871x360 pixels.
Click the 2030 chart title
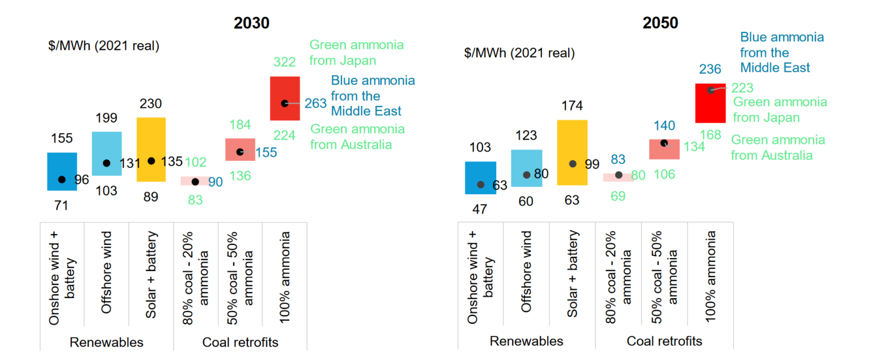[x=251, y=23]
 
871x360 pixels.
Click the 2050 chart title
[x=660, y=23]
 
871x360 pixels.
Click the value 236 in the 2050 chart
[x=710, y=69]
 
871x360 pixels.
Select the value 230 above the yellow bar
[x=151, y=104]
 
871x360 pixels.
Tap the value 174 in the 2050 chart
[x=572, y=106]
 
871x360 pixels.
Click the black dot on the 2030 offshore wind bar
[x=107, y=163]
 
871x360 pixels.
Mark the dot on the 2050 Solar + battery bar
[x=573, y=164]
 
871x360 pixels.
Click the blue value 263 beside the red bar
[x=315, y=103]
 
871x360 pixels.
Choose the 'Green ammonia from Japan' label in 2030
[x=357, y=52]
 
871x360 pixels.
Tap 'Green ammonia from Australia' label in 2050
[x=777, y=147]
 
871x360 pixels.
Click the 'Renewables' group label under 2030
[x=107, y=342]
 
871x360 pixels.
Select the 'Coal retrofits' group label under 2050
[x=664, y=341]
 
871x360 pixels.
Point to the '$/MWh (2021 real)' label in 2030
[x=104, y=46]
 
